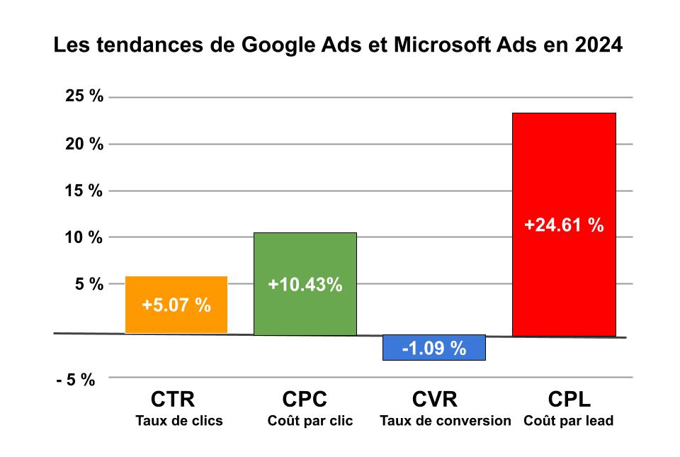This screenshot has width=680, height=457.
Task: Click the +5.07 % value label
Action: pyautogui.click(x=176, y=305)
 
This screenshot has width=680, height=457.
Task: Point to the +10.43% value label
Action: pyautogui.click(x=305, y=285)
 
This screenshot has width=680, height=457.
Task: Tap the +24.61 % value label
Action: pyautogui.click(x=564, y=225)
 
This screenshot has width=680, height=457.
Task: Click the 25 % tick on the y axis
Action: pyautogui.click(x=84, y=97)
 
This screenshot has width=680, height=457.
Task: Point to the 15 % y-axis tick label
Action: pyautogui.click(x=84, y=191)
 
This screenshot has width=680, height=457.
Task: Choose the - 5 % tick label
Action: pyautogui.click(x=76, y=379)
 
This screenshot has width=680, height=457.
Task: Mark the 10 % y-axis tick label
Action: pyautogui.click(x=84, y=237)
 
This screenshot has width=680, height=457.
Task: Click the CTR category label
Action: pyautogui.click(x=173, y=400)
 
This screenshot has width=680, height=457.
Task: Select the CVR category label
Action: pyautogui.click(x=435, y=400)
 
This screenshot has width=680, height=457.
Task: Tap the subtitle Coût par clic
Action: pyautogui.click(x=310, y=421)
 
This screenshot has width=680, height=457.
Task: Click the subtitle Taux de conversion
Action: pyautogui.click(x=445, y=421)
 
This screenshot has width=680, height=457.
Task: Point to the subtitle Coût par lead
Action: pyautogui.click(x=569, y=421)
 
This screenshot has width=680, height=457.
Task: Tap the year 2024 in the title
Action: pyautogui.click(x=598, y=47)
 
